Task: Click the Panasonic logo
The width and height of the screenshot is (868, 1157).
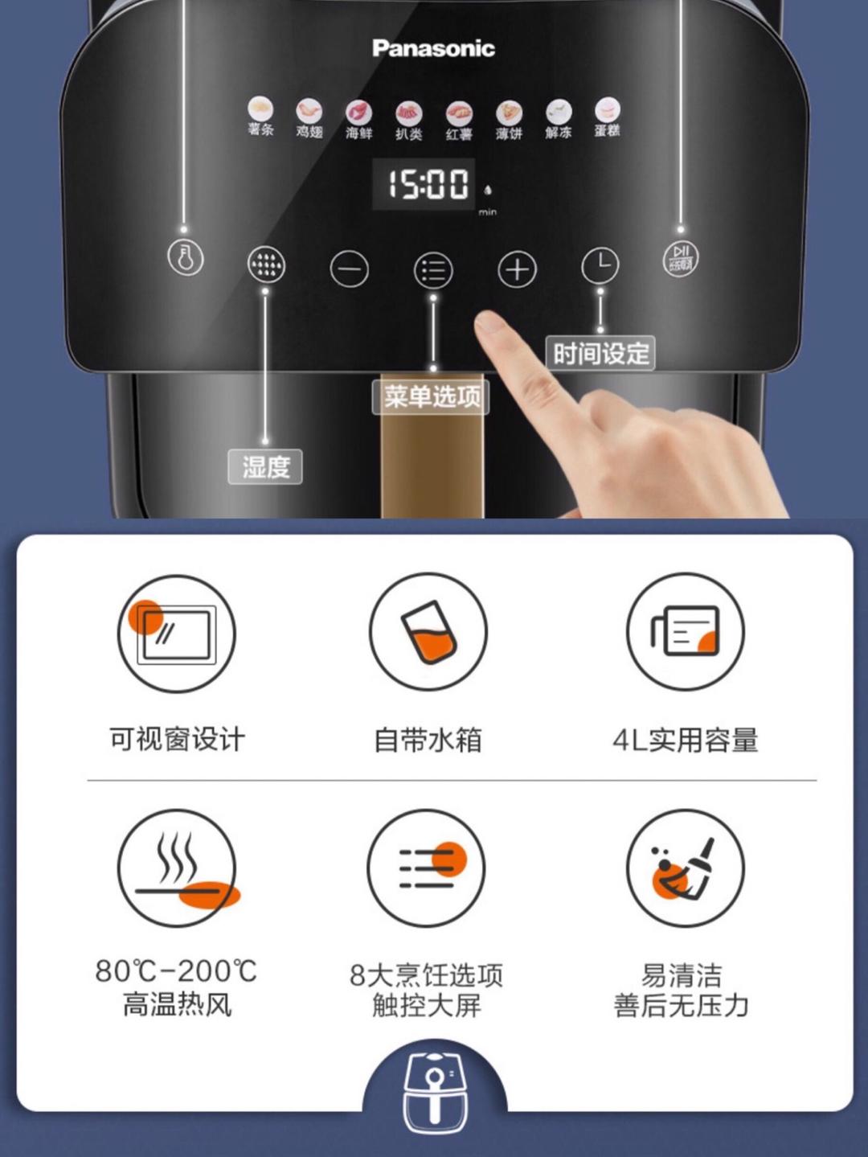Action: coord(433,48)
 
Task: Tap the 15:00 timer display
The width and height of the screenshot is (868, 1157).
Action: coord(428,184)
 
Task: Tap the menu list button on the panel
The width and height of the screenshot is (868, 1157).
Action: coord(433,270)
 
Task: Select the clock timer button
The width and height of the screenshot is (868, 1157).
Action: coord(600,265)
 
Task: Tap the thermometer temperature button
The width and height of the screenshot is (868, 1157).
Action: coord(186,258)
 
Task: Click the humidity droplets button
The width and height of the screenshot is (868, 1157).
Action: coord(266,264)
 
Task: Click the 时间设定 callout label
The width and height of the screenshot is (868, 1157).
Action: coord(600,353)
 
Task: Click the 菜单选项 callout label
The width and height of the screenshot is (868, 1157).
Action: coord(432,396)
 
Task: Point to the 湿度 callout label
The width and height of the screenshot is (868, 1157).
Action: coord(265,466)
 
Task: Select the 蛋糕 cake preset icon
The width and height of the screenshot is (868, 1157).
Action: coord(608,109)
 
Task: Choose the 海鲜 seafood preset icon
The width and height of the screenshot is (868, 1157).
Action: coord(358,113)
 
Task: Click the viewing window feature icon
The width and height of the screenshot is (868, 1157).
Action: coord(177,634)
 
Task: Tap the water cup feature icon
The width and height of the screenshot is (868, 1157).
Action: coord(428,632)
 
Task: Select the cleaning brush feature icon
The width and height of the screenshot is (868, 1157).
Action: coord(685,868)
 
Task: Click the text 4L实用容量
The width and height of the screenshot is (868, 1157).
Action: coord(685,740)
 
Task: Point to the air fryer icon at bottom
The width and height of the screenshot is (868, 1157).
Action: coord(434,1089)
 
